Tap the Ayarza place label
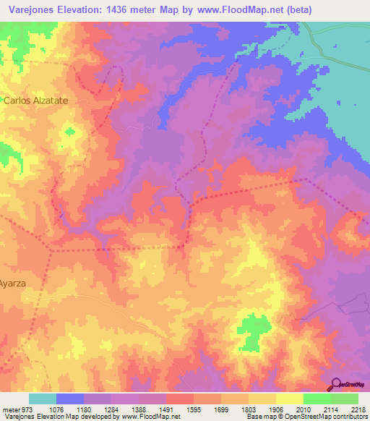coord(13,284)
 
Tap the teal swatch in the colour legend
coord(43,399)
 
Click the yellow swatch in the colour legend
coord(290,399)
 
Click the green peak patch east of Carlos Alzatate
coord(69,132)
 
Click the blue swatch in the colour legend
coord(70,399)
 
